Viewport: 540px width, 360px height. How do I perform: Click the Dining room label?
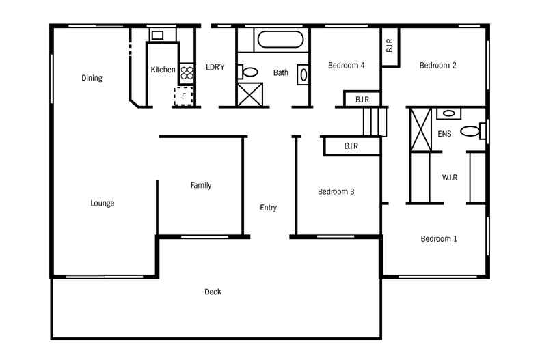click(x=92, y=78)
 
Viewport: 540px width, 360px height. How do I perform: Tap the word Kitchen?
click(x=163, y=70)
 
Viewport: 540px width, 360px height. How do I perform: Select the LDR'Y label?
click(x=215, y=67)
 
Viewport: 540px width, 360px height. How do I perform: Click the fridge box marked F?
click(x=183, y=96)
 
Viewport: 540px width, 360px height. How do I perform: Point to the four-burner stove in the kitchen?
click(x=187, y=73)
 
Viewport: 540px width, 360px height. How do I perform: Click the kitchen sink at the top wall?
click(x=157, y=35)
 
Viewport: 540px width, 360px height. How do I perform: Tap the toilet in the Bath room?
click(x=250, y=71)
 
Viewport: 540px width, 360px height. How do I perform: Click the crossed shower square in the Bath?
click(x=249, y=94)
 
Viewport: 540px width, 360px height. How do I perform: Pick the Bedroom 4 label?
click(x=346, y=66)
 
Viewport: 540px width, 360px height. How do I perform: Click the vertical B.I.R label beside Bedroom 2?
click(x=390, y=46)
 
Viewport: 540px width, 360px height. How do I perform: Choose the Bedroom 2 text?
click(x=437, y=66)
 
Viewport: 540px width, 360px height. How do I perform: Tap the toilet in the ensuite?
click(x=471, y=130)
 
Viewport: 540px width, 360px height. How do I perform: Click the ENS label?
click(x=444, y=135)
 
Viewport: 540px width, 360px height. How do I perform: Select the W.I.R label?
click(x=449, y=178)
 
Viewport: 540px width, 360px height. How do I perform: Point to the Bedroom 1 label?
click(x=439, y=239)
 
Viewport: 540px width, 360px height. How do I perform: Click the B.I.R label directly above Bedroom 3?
click(x=351, y=146)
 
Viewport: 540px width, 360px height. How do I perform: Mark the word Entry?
click(x=268, y=208)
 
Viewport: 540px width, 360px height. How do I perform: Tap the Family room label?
click(x=201, y=186)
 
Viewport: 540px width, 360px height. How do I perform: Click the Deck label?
click(x=213, y=292)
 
